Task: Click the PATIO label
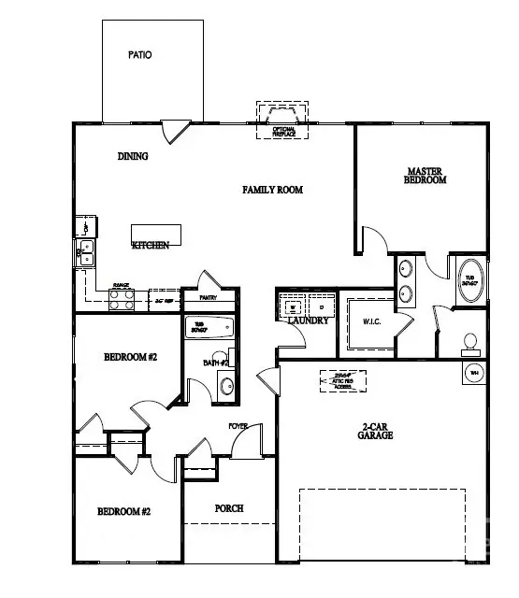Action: (139, 55)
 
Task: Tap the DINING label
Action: (133, 157)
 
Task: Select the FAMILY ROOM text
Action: (273, 190)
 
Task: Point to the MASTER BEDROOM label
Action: (427, 176)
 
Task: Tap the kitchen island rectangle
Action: (154, 234)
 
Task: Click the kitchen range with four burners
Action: (122, 298)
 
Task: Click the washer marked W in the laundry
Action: (292, 306)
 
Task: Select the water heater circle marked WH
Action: (474, 372)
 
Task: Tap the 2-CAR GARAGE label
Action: (377, 431)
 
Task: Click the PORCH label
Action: (228, 508)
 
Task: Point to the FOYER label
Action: (238, 426)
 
